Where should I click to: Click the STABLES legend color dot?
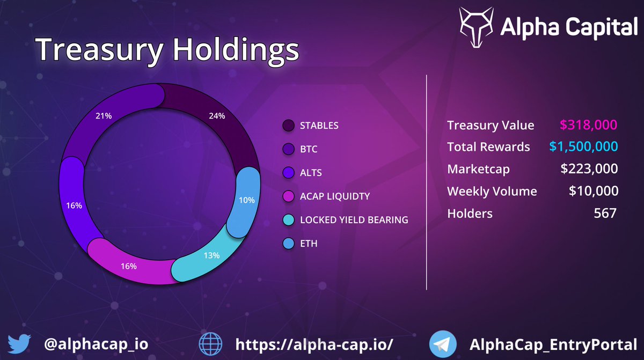(289, 126)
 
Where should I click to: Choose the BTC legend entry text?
(309, 149)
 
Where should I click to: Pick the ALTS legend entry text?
(311, 173)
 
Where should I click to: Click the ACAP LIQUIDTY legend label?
(334, 196)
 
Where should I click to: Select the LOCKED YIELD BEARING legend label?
(354, 220)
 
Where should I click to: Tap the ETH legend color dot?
(289, 244)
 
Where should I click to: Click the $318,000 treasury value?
(589, 125)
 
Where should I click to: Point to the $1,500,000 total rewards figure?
(583, 146)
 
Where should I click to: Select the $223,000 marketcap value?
(589, 169)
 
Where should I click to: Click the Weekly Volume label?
(492, 191)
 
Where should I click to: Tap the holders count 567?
(605, 213)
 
